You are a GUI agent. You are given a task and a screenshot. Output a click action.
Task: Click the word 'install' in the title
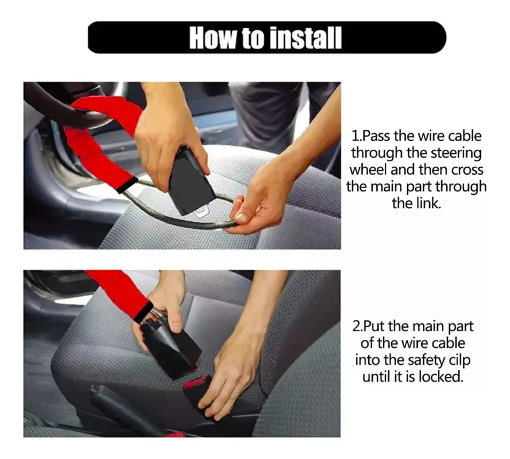click(306, 38)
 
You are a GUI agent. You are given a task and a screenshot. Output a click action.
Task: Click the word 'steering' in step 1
click(456, 153)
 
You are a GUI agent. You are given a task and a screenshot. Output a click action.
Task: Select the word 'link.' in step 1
click(416, 204)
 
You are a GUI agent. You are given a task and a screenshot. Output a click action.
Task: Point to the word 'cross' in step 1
click(466, 169)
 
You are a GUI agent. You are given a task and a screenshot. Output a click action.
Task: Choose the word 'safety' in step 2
click(426, 361)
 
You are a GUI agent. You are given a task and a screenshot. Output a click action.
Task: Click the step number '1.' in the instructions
click(356, 136)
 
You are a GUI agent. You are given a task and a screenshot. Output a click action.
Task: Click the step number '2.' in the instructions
click(357, 326)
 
